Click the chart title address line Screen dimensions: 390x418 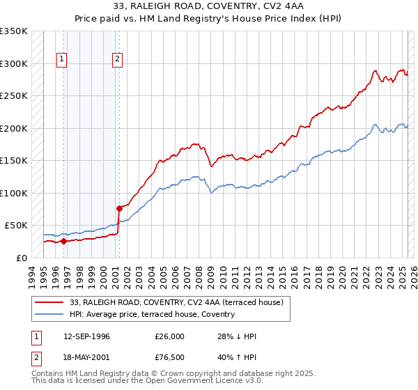pyautogui.click(x=208, y=6)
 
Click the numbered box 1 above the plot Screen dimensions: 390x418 pyautogui.click(x=62, y=60)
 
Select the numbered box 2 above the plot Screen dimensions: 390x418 pyautogui.click(x=117, y=60)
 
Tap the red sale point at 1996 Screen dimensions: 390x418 pyautogui.click(x=63, y=242)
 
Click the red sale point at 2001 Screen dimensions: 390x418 pyautogui.click(x=119, y=208)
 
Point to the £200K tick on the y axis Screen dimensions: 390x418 pyautogui.click(x=14, y=128)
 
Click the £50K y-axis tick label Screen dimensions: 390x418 pyautogui.click(x=16, y=226)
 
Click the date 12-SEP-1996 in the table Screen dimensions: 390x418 pyautogui.click(x=88, y=336)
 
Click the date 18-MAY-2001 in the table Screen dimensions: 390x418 pyautogui.click(x=88, y=359)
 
